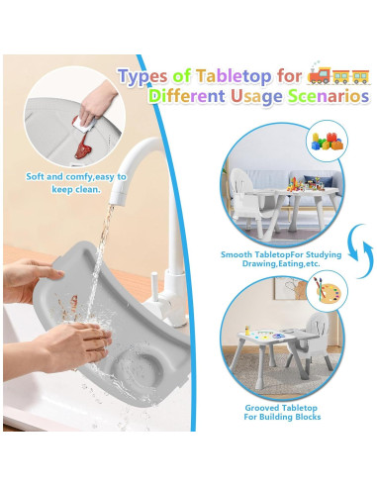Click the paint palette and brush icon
(x=323, y=289)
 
